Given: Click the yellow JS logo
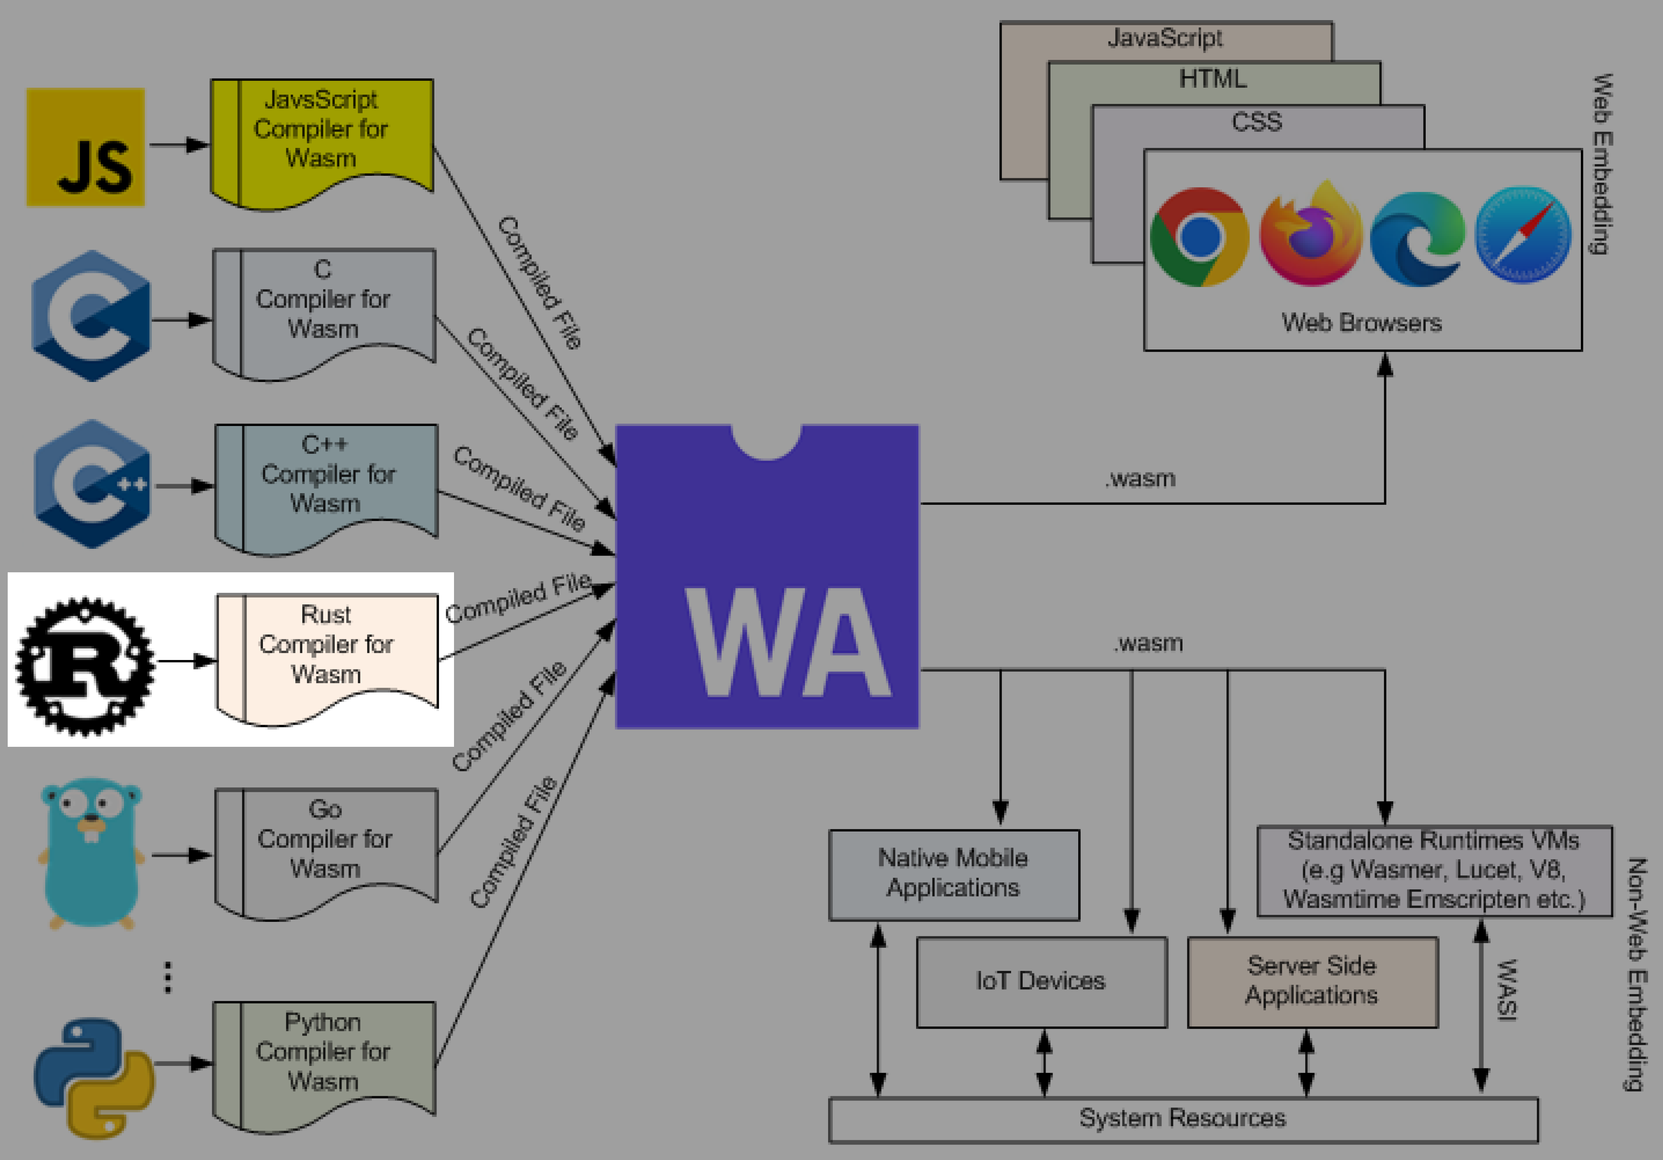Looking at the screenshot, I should tap(86, 147).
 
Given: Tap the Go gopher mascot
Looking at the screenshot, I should tap(91, 853).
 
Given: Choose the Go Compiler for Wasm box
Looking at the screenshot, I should tap(326, 842).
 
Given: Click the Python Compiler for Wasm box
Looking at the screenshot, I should tap(324, 1054).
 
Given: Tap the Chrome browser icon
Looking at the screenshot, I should tap(1200, 237).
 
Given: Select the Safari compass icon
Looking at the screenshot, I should tap(1522, 235).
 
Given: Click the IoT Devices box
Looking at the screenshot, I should tap(1041, 982).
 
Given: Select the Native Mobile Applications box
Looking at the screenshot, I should tap(953, 874).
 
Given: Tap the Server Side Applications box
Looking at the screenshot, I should tap(1312, 982).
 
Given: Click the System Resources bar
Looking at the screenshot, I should tap(1182, 1119).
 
